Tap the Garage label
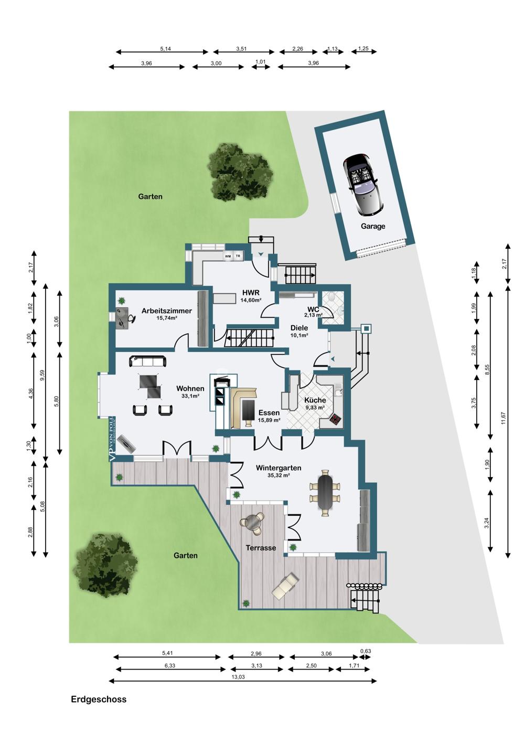[373, 226]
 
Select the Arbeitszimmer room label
[166, 311]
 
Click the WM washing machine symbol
[228, 256]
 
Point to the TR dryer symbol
[238, 256]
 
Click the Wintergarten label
[279, 468]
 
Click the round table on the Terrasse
[253, 523]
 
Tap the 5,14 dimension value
[165, 49]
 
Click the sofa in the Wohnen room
[147, 361]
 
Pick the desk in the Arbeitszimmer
[122, 318]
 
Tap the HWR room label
[251, 293]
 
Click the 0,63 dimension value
[366, 651]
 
